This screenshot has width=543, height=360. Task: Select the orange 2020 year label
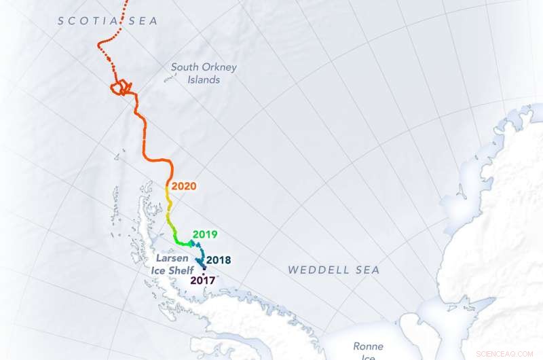point(184,185)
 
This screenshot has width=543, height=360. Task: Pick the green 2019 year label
point(204,234)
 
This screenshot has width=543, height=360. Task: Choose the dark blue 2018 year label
point(219,259)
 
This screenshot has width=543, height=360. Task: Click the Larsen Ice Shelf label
point(171,265)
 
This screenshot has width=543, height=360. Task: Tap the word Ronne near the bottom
point(368,346)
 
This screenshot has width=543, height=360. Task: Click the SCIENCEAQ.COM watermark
point(506,353)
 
